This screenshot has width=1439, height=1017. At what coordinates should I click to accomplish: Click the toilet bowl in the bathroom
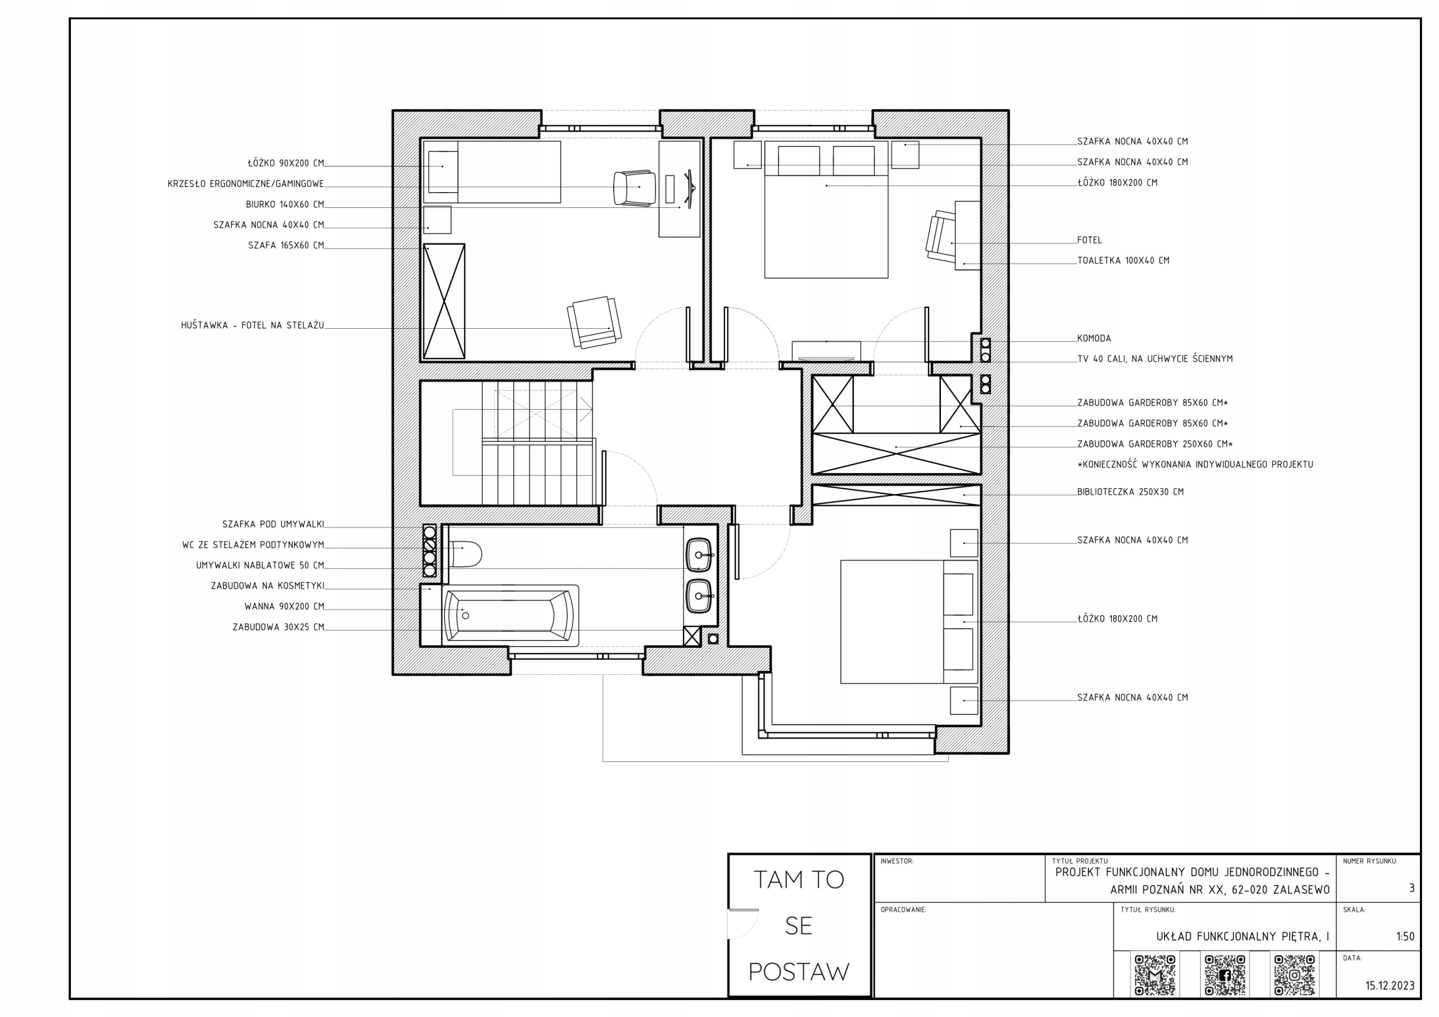click(465, 554)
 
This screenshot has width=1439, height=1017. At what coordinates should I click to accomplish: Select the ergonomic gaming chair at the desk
click(634, 187)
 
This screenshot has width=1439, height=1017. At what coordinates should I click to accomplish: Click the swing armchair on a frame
click(594, 322)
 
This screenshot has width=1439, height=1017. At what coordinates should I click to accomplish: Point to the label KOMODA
click(1094, 338)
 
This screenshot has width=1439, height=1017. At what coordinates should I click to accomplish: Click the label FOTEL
click(1089, 240)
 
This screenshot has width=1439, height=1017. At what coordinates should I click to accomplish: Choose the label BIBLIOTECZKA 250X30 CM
click(1130, 492)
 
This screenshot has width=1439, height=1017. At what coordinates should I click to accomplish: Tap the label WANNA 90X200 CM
click(284, 607)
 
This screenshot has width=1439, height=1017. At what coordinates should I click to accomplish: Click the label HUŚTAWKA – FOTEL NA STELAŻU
click(252, 325)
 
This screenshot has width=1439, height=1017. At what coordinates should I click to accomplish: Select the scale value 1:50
click(1405, 936)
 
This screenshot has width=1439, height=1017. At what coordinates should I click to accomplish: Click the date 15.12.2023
click(1390, 986)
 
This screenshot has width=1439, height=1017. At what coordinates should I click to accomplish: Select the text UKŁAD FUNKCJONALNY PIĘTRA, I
click(1242, 936)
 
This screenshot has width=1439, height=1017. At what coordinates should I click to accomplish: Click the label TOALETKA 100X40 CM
click(1123, 261)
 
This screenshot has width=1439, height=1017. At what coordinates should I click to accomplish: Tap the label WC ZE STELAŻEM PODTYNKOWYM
click(253, 545)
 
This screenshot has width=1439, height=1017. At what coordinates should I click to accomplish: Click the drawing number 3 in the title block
click(1411, 888)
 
